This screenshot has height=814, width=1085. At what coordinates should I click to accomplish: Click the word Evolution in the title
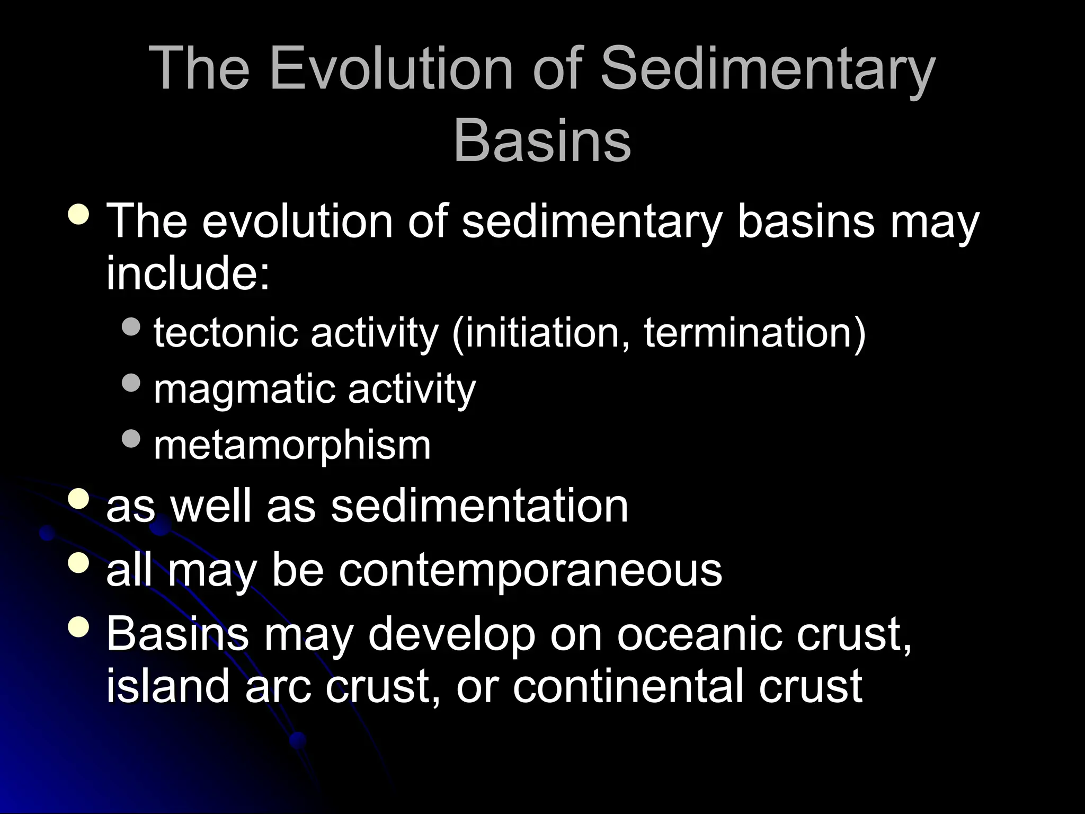point(391,68)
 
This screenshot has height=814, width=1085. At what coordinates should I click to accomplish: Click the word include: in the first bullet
point(188,273)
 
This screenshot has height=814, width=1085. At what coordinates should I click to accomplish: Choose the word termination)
point(754,333)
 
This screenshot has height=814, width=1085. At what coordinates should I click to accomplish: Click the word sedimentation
point(479,506)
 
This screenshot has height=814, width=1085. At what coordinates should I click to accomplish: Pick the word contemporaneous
point(530,570)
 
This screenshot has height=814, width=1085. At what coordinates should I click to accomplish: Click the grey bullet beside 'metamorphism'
point(131,438)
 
